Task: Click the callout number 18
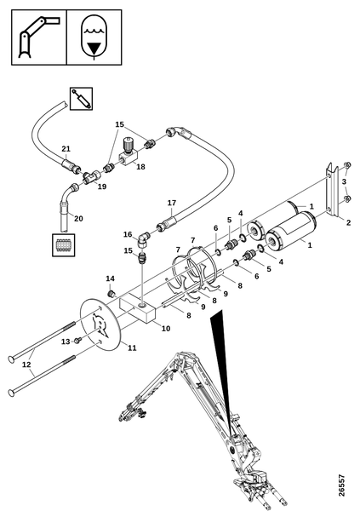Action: tap(140, 167)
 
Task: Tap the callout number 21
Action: tap(66, 149)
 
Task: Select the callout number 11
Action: tap(132, 348)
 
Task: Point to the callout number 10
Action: tap(166, 329)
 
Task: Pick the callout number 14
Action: tap(110, 278)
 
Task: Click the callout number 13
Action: tap(66, 342)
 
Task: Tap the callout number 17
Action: tap(172, 203)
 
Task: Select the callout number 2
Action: tap(348, 222)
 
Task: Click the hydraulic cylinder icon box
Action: tap(81, 99)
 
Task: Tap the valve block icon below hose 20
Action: tap(64, 245)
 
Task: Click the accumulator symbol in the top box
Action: tap(94, 37)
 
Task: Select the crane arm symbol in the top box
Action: tap(39, 37)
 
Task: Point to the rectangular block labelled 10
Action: tap(138, 311)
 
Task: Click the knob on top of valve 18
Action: tap(128, 144)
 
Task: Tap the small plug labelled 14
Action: tap(111, 293)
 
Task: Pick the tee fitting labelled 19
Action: tap(91, 176)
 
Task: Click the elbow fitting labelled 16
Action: tap(142, 240)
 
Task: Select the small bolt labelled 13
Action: tap(77, 341)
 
